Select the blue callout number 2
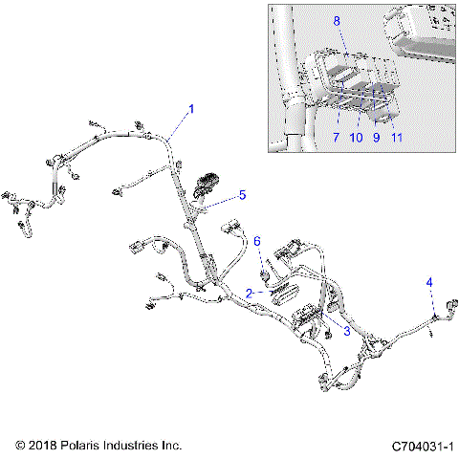tap(250, 293)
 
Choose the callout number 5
tap(242, 195)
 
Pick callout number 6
tap(256, 241)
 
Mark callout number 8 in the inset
tap(336, 20)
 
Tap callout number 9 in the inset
tap(376, 137)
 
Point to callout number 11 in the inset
tap(397, 137)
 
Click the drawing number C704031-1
tap(421, 447)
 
